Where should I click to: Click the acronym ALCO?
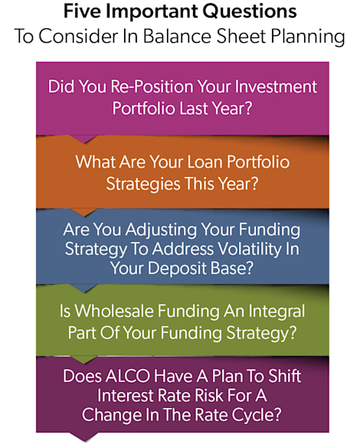click(x=122, y=377)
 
